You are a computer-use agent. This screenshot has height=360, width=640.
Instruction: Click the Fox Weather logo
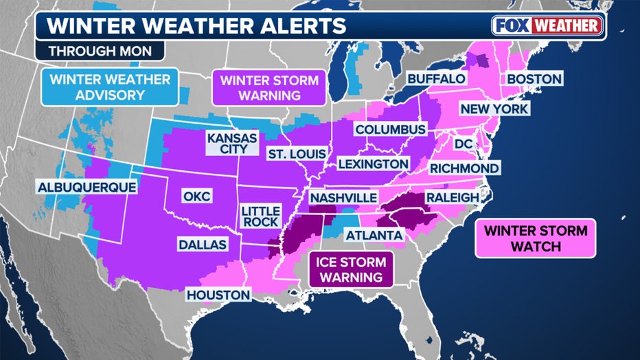(x=547, y=25)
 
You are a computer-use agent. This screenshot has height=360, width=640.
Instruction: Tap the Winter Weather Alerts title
(x=196, y=26)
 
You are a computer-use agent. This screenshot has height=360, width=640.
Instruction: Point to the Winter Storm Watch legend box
(x=536, y=238)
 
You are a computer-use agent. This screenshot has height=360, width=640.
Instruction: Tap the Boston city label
(x=534, y=78)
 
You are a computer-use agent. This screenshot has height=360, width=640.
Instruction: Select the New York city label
(x=494, y=109)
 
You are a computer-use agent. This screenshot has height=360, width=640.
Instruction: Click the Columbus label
(x=390, y=129)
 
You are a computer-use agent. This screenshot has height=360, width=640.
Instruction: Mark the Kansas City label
(x=232, y=145)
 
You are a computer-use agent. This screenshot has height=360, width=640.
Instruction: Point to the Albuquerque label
(x=87, y=186)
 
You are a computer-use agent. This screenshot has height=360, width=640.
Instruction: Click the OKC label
(x=196, y=196)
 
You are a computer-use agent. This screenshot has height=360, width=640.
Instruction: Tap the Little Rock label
(x=260, y=216)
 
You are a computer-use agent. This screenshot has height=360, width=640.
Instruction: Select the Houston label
(x=218, y=295)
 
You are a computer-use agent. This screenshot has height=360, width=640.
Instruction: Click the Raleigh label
(x=452, y=197)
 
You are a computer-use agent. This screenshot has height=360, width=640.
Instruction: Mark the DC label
(x=462, y=144)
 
